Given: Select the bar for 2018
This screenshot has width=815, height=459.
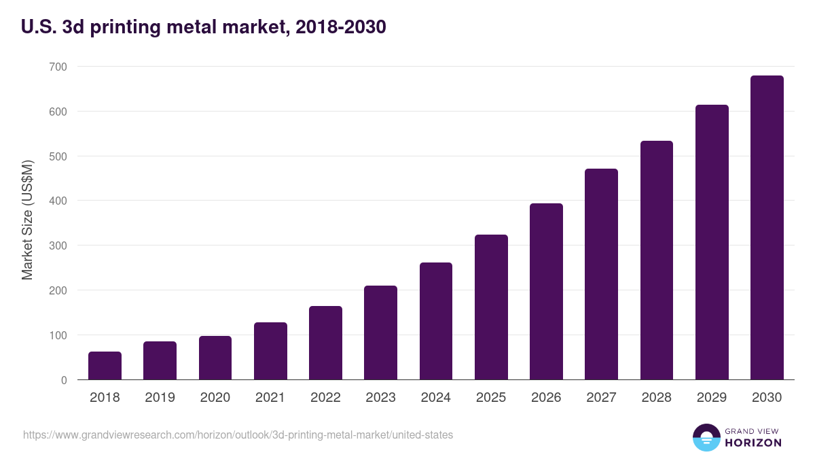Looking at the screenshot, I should pyautogui.click(x=105, y=366).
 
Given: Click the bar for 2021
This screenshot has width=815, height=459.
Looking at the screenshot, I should pyautogui.click(x=270, y=351).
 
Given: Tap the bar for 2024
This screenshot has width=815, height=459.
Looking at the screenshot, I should pyautogui.click(x=436, y=321).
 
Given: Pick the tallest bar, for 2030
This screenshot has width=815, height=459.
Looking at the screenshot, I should pyautogui.click(x=767, y=228).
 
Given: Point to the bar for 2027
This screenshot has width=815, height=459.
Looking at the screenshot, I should pyautogui.click(x=601, y=274).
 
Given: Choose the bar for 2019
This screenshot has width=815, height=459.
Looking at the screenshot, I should pyautogui.click(x=160, y=360).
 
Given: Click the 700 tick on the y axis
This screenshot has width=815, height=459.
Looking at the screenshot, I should pyautogui.click(x=58, y=67).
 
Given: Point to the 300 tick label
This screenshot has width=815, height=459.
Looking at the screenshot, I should pyautogui.click(x=58, y=245).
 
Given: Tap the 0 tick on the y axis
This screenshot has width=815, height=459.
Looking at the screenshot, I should pyautogui.click(x=64, y=380).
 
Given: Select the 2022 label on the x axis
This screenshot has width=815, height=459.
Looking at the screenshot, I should pyautogui.click(x=325, y=398).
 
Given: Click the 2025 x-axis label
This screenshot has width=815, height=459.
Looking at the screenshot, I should pyautogui.click(x=491, y=398).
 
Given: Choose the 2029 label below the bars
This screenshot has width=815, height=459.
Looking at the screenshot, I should pyautogui.click(x=712, y=398).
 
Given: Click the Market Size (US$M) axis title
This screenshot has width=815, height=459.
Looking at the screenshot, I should pyautogui.click(x=28, y=220).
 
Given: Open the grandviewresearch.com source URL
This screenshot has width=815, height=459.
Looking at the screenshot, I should pyautogui.click(x=238, y=435).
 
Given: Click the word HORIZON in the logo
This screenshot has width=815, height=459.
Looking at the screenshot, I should pyautogui.click(x=754, y=443).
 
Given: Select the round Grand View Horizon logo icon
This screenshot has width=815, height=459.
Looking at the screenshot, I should pyautogui.click(x=706, y=437).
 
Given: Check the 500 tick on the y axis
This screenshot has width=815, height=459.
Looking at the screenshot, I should pyautogui.click(x=58, y=156).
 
